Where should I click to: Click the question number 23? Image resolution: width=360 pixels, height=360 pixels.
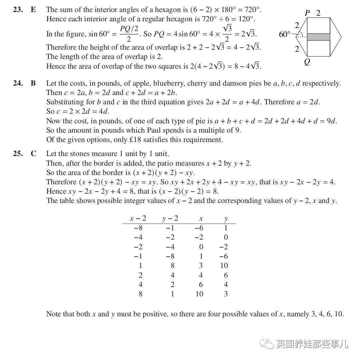click(18, 10)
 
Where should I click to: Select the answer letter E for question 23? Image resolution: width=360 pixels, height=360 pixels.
click(33, 10)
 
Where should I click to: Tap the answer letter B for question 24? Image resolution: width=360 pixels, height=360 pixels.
click(33, 83)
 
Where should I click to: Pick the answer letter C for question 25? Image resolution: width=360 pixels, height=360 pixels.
click(33, 154)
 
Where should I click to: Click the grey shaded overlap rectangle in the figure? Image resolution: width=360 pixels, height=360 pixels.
click(318, 37)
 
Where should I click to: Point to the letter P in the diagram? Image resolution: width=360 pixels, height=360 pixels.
click(307, 13)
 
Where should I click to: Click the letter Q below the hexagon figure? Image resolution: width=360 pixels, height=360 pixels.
click(307, 62)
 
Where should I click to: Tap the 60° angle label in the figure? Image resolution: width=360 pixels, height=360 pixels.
click(285, 34)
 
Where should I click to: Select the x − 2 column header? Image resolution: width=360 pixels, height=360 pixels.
click(138, 219)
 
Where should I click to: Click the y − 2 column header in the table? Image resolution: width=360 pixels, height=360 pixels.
click(170, 219)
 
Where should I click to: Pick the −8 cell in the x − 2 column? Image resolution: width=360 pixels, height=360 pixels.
click(138, 228)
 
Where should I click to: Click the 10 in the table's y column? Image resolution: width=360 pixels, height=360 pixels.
click(224, 266)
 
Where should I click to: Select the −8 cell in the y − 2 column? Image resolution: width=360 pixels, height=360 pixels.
click(170, 256)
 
